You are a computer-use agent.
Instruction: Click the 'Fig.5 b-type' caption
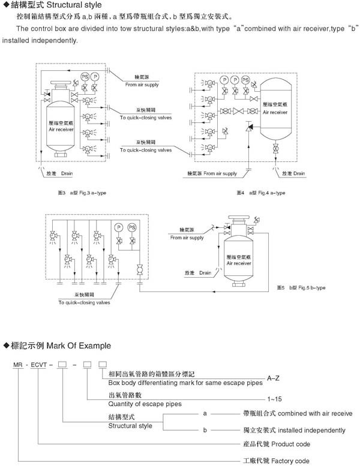point(311,288)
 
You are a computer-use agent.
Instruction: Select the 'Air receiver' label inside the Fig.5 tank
point(240,263)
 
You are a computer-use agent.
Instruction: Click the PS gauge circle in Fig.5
point(131,227)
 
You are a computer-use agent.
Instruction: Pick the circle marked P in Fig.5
point(118,227)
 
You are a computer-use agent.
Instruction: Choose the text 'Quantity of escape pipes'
point(145,404)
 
